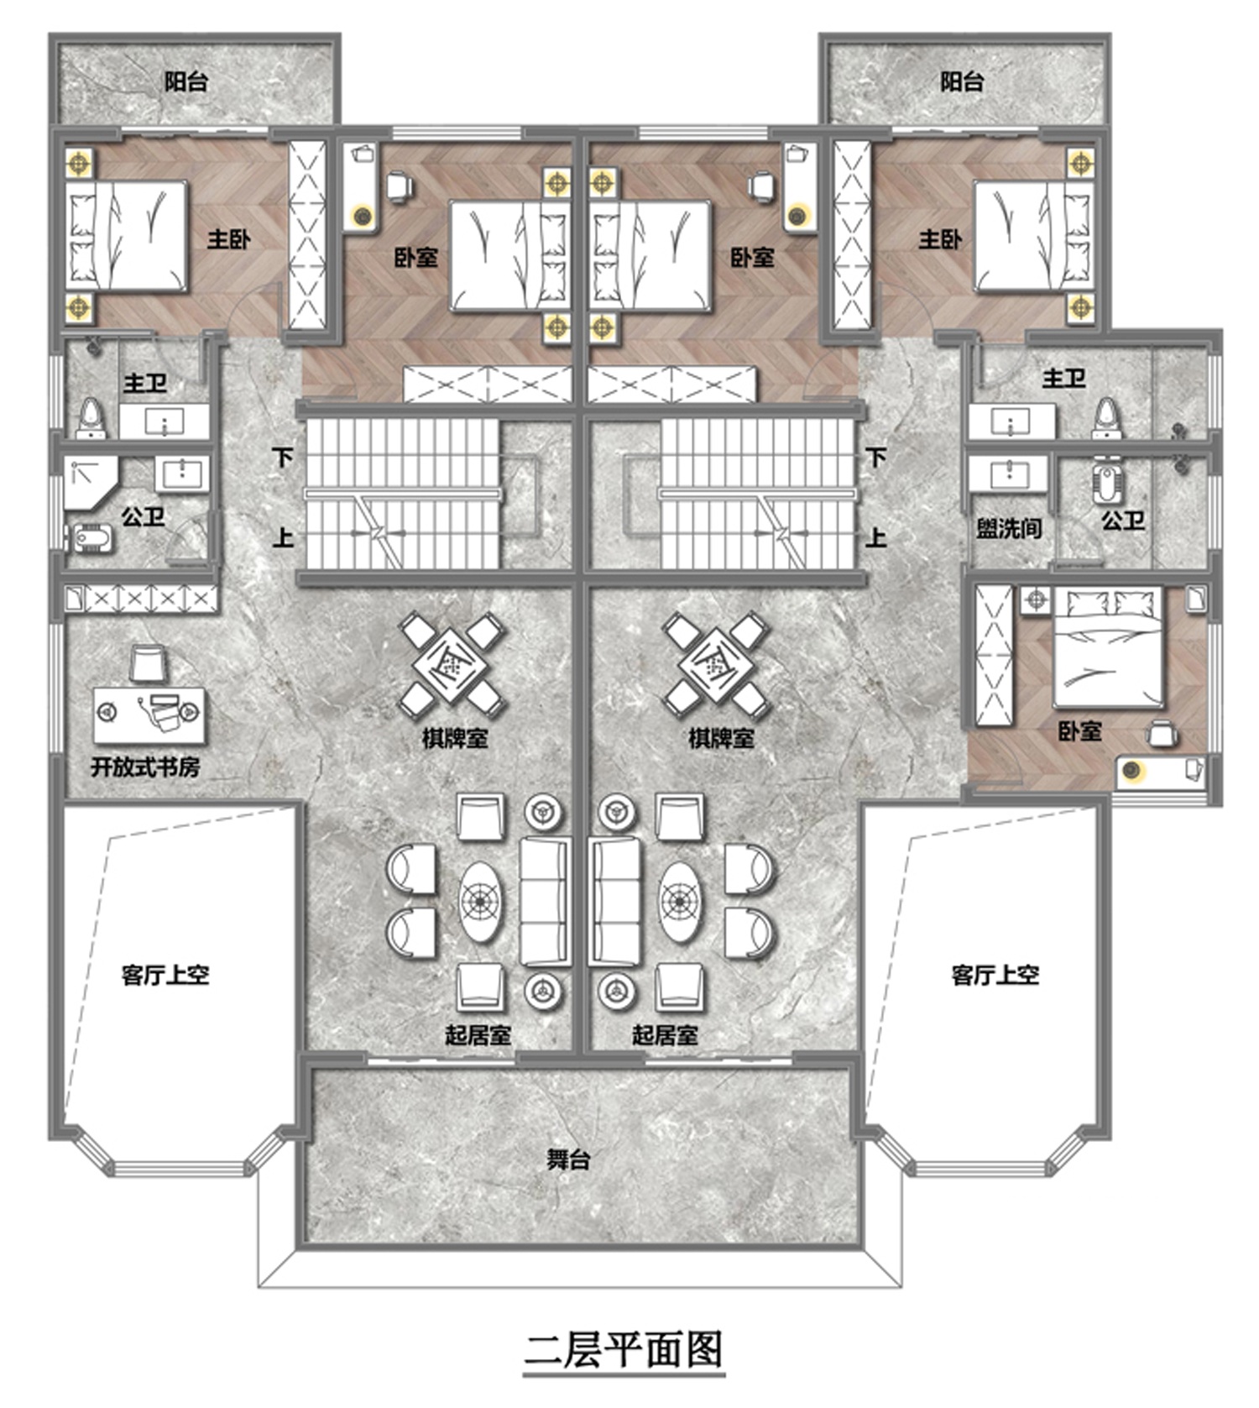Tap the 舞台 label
[x=568, y=1159]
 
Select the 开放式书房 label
[x=145, y=767]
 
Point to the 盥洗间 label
[x=1009, y=528]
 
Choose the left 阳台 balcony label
[x=185, y=81]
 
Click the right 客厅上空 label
[x=995, y=975]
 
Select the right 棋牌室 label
[x=721, y=738]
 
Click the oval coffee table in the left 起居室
[x=482, y=901]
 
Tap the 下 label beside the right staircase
[x=876, y=458]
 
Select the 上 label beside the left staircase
[x=283, y=537]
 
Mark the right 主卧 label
[x=940, y=239]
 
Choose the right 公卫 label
[x=1123, y=521]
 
